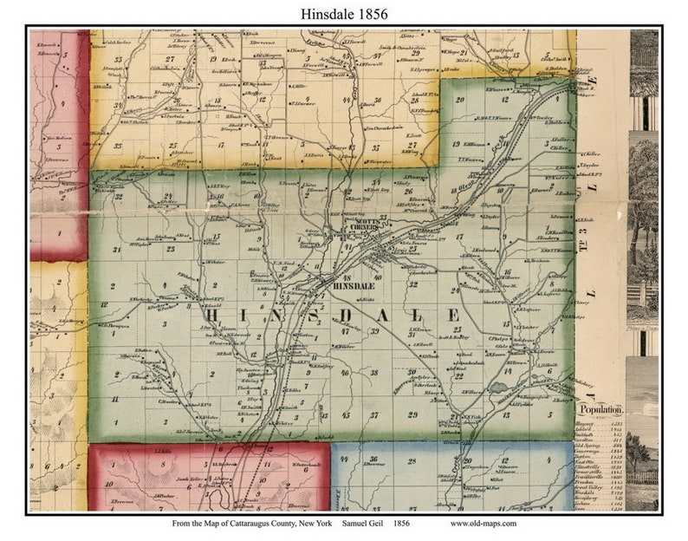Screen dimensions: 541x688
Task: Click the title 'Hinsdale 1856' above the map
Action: point(344,14)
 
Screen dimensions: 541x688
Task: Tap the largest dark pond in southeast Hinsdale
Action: point(503,383)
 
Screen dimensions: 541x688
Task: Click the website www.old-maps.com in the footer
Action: point(484,524)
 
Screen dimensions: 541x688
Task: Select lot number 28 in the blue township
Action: point(412,462)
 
